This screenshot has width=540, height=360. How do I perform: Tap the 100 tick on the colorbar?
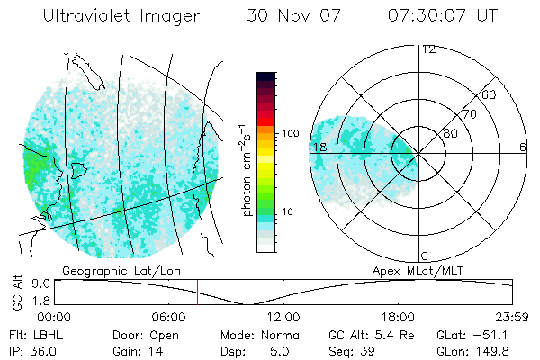pos(291,133)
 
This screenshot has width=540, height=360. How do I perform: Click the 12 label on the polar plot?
pos(428,49)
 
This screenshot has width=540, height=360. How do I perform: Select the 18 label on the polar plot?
pos(318,147)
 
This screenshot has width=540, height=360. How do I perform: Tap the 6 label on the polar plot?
pos(522,147)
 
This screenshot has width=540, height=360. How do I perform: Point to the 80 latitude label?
pos(451,133)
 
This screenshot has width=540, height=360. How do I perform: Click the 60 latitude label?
pos(490,94)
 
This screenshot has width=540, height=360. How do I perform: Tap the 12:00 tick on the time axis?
pos(283,317)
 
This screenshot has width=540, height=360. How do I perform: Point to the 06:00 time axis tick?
pos(169,317)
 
